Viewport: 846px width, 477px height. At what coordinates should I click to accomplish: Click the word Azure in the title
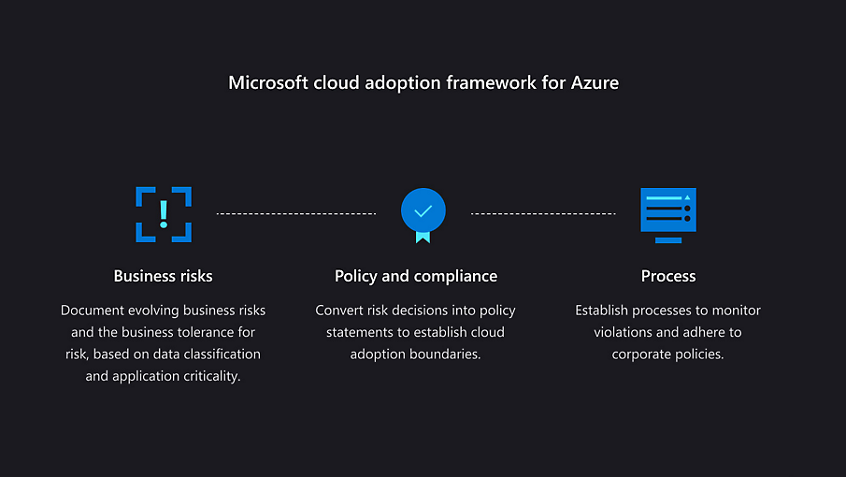[x=595, y=83]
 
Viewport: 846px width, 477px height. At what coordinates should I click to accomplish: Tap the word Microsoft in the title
[x=267, y=83]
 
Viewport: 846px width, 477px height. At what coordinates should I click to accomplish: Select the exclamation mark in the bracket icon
[x=164, y=212]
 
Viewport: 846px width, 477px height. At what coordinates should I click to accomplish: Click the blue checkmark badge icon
[x=423, y=211]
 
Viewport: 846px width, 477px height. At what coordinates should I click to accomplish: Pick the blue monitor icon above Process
[x=667, y=214]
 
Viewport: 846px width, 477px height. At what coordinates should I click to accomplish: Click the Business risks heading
[x=164, y=276]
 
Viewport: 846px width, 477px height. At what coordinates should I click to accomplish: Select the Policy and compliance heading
[x=416, y=276]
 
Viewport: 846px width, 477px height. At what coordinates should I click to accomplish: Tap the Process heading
[x=668, y=276]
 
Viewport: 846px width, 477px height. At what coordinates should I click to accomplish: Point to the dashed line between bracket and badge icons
[x=296, y=214]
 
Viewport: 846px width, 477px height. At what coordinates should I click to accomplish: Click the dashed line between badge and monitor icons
[x=543, y=214]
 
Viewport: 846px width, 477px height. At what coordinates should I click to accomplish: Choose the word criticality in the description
[x=208, y=377]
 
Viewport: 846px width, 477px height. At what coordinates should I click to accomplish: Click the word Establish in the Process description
[x=605, y=311]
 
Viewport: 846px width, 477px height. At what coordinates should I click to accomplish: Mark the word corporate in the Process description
[x=643, y=354]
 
